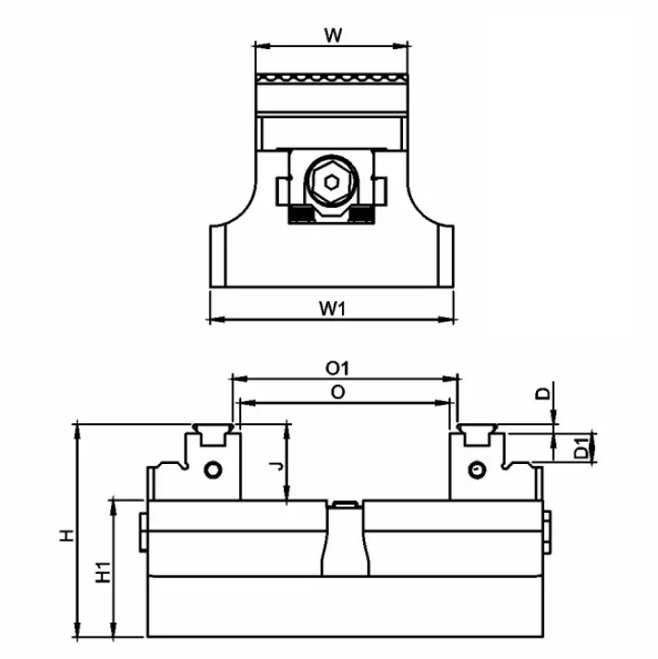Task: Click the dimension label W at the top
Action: click(x=335, y=36)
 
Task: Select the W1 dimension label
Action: click(x=333, y=310)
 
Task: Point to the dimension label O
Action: click(x=337, y=393)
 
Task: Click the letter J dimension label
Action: click(x=274, y=466)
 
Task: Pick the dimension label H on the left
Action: click(x=66, y=535)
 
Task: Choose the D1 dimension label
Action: click(x=579, y=450)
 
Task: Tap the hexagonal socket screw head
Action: click(x=330, y=182)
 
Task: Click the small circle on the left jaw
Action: click(x=214, y=469)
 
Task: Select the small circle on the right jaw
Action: click(x=476, y=469)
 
